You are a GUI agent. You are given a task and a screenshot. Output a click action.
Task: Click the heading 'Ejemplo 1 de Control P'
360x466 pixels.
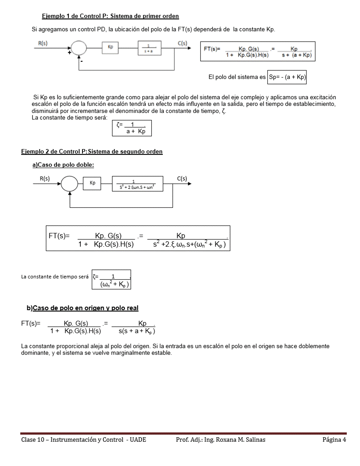(x=110, y=16)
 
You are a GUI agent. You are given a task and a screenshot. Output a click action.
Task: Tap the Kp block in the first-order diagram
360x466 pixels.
(x=110, y=46)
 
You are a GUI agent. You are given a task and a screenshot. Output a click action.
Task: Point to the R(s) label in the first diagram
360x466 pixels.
(x=43, y=43)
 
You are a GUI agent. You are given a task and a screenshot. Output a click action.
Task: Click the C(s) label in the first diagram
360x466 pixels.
(x=182, y=43)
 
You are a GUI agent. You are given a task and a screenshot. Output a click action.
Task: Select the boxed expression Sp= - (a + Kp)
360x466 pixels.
(x=287, y=77)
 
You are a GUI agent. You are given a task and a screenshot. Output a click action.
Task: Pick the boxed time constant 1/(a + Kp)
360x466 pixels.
(x=132, y=128)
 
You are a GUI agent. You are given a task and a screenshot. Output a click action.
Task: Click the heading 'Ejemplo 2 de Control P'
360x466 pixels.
(x=92, y=151)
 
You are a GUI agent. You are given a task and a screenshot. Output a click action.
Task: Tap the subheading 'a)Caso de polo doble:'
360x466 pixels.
(x=63, y=165)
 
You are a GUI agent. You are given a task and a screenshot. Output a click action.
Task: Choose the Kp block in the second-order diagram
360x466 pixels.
(x=93, y=183)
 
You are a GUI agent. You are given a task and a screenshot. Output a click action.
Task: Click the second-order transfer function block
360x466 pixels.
(x=137, y=184)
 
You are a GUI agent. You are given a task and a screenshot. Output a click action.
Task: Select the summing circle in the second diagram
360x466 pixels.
(x=69, y=184)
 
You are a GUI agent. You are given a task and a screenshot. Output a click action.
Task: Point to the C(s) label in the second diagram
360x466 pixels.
(x=182, y=179)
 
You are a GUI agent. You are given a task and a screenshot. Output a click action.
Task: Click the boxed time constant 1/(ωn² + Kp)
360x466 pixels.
(x=112, y=280)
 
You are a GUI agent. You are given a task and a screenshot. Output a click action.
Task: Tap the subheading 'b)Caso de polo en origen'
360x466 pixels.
(x=82, y=308)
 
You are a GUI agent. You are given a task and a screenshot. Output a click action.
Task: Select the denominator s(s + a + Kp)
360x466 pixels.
(x=136, y=331)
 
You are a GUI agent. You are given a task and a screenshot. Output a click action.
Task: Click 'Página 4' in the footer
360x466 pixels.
(x=334, y=440)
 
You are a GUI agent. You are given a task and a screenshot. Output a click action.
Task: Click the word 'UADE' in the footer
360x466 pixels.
(x=138, y=440)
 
